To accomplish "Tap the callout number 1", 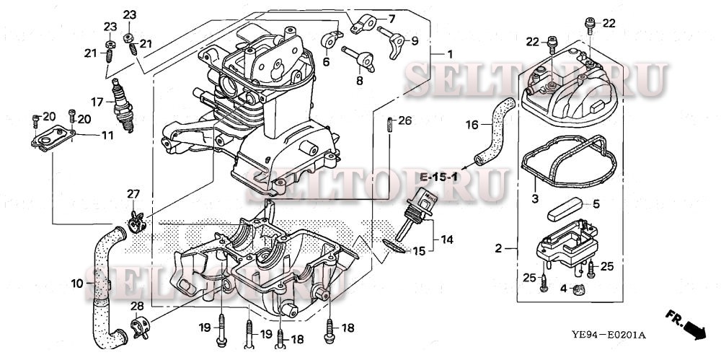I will point(449,54).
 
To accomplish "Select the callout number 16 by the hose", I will point(472,125).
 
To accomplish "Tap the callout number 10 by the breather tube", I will point(78,284).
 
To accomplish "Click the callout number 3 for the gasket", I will point(534,198).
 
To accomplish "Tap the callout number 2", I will point(497,249).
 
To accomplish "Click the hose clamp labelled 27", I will point(136,221).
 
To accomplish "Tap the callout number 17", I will point(97,101).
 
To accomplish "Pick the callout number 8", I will point(359,81).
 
